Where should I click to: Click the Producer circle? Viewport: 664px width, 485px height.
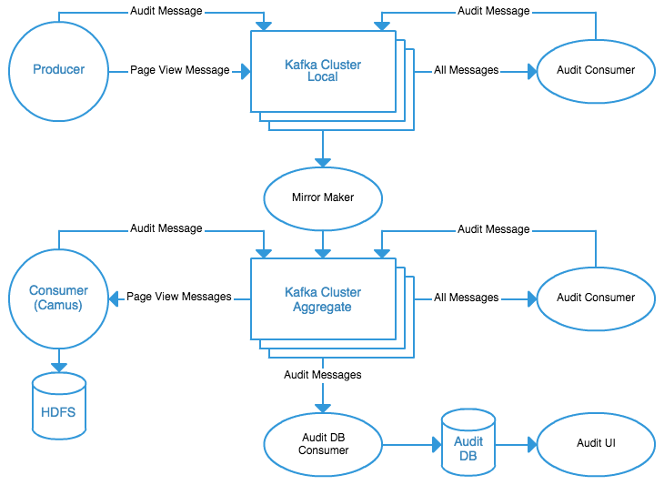click(59, 70)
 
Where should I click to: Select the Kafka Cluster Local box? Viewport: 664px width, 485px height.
click(322, 70)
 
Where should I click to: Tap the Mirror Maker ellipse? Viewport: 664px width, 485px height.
click(322, 197)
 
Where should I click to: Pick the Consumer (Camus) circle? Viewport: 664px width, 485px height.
click(59, 298)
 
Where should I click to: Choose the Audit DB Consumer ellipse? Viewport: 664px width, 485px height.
click(324, 444)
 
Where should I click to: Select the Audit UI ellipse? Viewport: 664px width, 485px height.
click(596, 444)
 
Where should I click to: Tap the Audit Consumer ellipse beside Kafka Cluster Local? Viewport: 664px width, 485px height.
click(596, 70)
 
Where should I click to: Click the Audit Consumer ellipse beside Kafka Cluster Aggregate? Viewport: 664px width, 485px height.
click(596, 298)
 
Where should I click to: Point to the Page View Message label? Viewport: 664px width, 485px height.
click(179, 70)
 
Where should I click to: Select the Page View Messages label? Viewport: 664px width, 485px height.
click(179, 297)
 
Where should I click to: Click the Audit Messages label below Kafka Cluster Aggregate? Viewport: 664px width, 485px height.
click(322, 374)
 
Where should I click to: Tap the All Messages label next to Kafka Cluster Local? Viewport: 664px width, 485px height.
click(467, 70)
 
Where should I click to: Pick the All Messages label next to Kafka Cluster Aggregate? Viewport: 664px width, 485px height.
click(467, 298)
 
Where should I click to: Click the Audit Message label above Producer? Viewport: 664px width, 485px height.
click(166, 12)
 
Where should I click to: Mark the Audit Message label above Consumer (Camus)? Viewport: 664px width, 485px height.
click(166, 228)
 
